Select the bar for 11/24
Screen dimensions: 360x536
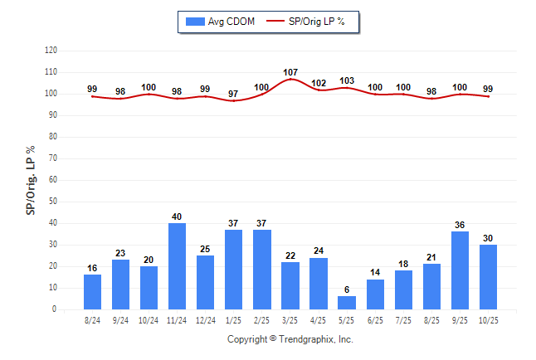[x=178, y=265]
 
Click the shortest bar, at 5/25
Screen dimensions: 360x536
[x=347, y=303]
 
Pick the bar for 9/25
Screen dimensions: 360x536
[x=460, y=270]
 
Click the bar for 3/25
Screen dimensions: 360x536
[x=290, y=285]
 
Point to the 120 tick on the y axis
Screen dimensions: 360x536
[x=51, y=51]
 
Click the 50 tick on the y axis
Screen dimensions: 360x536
[x=52, y=202]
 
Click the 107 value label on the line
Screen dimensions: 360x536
[x=290, y=73]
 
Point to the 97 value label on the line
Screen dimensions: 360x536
[x=234, y=94]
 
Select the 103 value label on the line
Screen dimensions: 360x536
[x=347, y=81]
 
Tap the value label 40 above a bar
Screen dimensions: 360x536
[x=178, y=217]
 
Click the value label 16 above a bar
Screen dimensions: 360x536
[x=93, y=269]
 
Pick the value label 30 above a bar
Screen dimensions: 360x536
[x=488, y=239]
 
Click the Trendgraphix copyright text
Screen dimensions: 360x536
[x=290, y=339]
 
